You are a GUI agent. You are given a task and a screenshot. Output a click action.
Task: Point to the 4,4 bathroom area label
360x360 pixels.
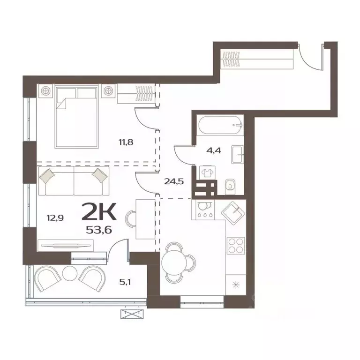coord(214,151)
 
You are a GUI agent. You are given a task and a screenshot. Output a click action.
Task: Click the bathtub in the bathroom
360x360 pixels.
coord(220,125)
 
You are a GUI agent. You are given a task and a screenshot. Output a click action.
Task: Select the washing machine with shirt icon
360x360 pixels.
coord(207,172)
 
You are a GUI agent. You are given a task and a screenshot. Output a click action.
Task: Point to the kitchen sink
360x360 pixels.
coord(234,212)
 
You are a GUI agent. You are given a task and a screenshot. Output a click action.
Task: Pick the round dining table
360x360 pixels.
coord(174,262)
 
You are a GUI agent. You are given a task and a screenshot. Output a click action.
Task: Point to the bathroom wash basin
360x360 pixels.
coord(237,153)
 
